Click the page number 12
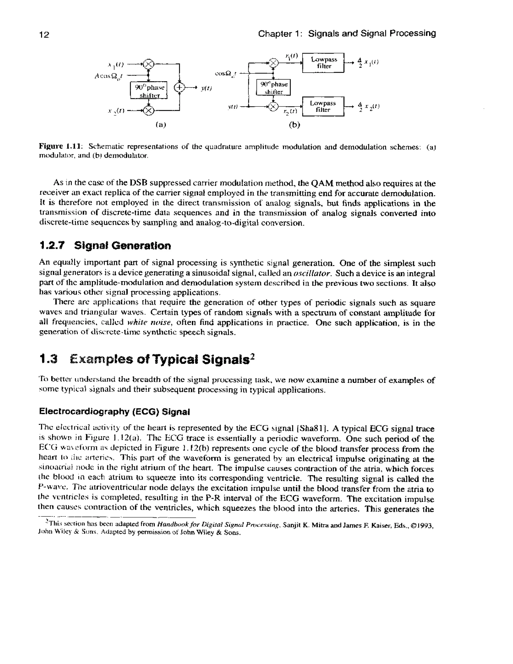44,35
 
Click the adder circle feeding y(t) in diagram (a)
179,88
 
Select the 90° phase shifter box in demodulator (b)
274,87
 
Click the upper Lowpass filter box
323,63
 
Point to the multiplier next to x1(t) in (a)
148,64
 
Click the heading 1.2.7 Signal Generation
105,245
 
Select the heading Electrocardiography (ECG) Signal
114,412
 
